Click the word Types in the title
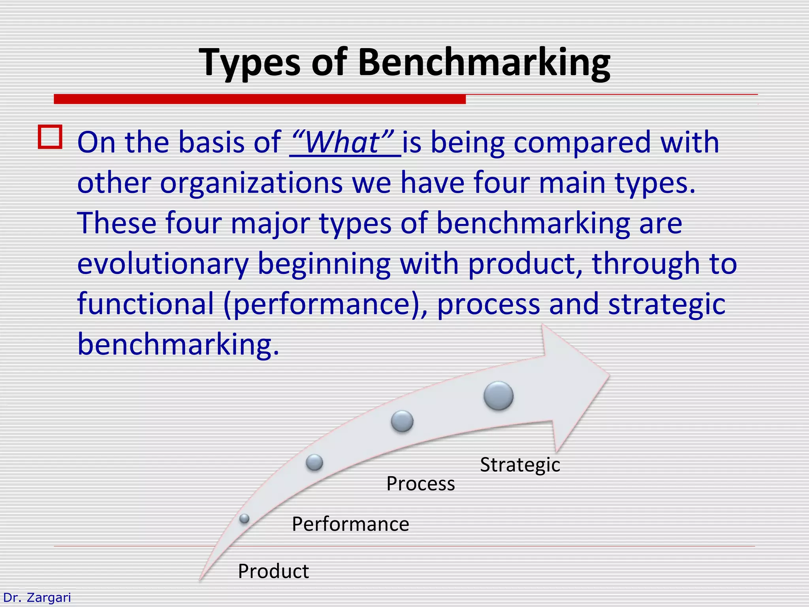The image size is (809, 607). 250,62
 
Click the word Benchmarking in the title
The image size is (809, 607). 484,62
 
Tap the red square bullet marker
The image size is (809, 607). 50,137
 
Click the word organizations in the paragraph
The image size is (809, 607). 251,183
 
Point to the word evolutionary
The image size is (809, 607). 162,264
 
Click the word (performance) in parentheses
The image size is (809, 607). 325,304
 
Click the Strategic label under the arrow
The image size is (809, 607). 520,465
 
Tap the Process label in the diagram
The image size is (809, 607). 420,484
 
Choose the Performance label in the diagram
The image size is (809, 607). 350,524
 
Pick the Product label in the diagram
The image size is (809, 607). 273,571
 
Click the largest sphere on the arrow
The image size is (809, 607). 499,396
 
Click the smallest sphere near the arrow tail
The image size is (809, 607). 245,518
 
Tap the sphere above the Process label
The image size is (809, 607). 402,421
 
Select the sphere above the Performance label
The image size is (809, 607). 314,462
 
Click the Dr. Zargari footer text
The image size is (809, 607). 37,597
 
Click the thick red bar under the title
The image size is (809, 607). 260,99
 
